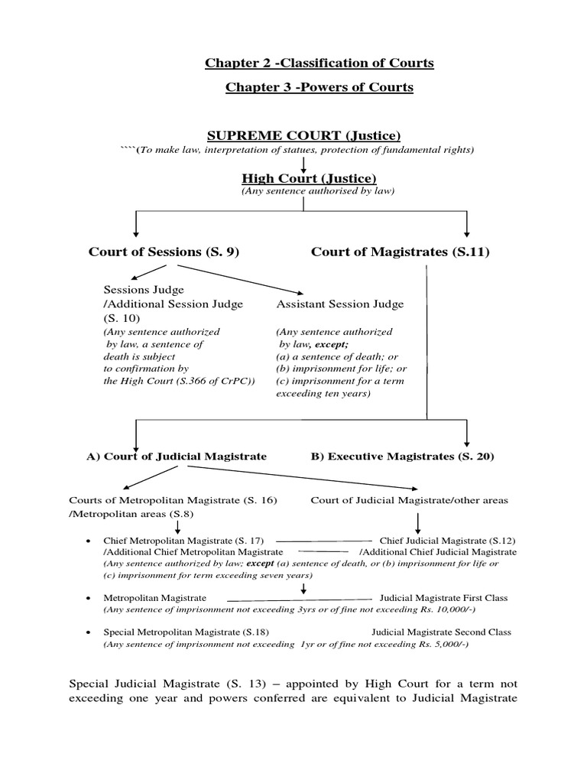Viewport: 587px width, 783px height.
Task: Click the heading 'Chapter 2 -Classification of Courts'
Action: pos(319,63)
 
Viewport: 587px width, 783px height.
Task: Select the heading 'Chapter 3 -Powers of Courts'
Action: pos(319,87)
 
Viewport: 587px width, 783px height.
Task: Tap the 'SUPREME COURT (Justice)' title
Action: pos(304,135)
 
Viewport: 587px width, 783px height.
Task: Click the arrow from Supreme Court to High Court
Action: pos(304,163)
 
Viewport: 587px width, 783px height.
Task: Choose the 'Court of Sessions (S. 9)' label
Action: pos(164,252)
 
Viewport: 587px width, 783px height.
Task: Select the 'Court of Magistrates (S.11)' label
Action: pos(401,252)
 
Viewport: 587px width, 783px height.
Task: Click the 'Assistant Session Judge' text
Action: pos(339,304)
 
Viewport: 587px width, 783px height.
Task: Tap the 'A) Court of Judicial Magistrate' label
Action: pos(177,456)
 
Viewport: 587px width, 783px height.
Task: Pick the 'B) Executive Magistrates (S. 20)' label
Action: pos(402,456)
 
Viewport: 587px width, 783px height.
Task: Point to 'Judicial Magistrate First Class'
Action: pos(444,598)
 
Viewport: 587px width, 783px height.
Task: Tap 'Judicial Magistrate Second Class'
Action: pos(442,632)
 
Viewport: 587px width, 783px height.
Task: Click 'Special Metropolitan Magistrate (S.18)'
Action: pos(186,632)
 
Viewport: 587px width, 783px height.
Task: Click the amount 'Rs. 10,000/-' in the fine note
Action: pos(433,610)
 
